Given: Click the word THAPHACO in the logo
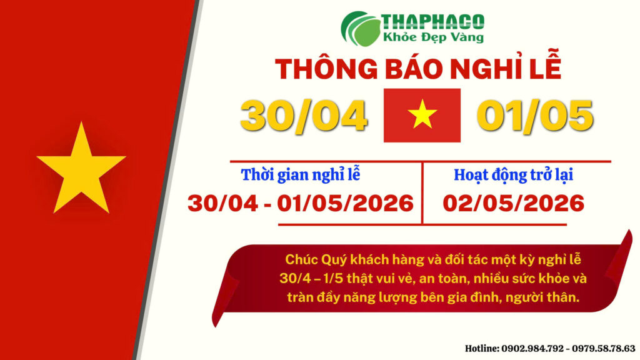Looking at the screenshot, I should click(x=432, y=21).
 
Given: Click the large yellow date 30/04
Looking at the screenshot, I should click(x=304, y=116).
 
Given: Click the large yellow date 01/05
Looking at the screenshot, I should click(x=534, y=116).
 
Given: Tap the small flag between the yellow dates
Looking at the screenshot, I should click(x=422, y=115).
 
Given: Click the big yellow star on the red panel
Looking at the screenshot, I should click(x=81, y=170).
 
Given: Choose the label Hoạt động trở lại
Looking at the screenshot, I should click(x=513, y=175).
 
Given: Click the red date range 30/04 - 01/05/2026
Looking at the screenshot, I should click(x=301, y=202).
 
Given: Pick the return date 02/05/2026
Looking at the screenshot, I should click(x=513, y=202).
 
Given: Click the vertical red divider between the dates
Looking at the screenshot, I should click(x=422, y=192).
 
